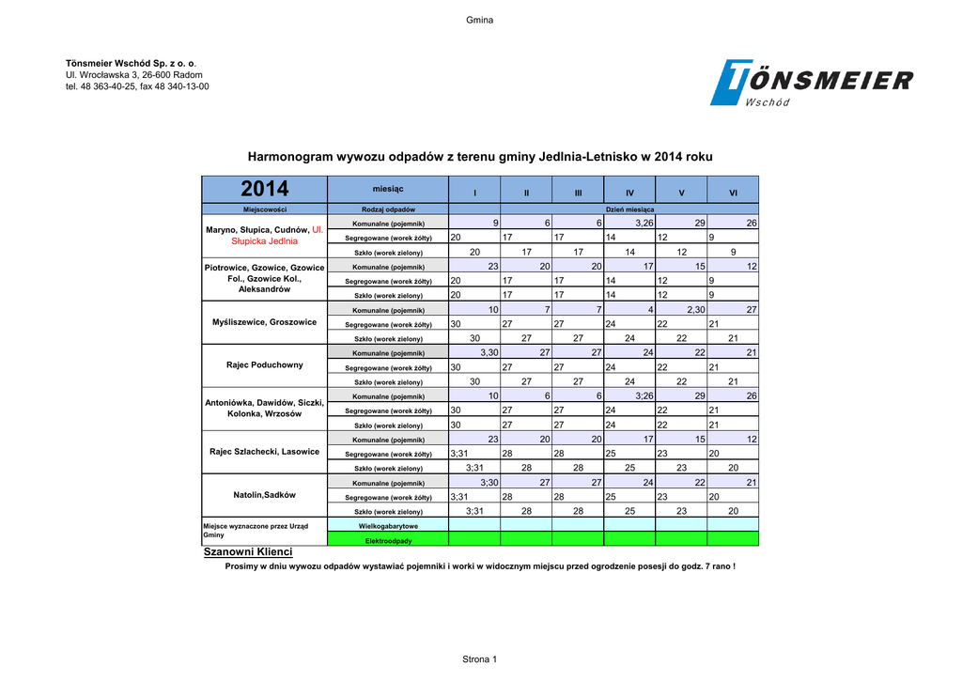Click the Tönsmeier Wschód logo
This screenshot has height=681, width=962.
point(811,83)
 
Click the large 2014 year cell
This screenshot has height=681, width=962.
point(265,190)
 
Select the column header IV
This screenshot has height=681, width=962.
point(629,193)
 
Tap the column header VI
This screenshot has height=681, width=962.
point(733,193)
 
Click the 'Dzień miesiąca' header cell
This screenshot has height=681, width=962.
point(629,209)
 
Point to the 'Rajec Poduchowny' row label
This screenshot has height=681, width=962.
point(265,365)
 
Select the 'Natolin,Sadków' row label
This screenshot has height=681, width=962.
point(265,495)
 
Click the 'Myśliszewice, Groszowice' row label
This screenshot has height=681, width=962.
point(265,322)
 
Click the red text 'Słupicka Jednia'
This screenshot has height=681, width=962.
point(265,241)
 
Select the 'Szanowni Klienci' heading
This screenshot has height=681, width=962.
point(248,552)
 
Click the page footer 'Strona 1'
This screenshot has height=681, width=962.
point(480,659)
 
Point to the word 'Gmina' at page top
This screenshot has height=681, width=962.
point(480,21)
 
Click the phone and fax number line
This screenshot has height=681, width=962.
point(137,86)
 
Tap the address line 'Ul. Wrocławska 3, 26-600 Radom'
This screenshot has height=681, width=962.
point(133,74)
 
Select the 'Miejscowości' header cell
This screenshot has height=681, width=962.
point(265,209)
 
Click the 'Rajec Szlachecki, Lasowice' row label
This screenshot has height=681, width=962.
point(265,452)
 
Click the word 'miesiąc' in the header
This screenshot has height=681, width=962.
point(387,189)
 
